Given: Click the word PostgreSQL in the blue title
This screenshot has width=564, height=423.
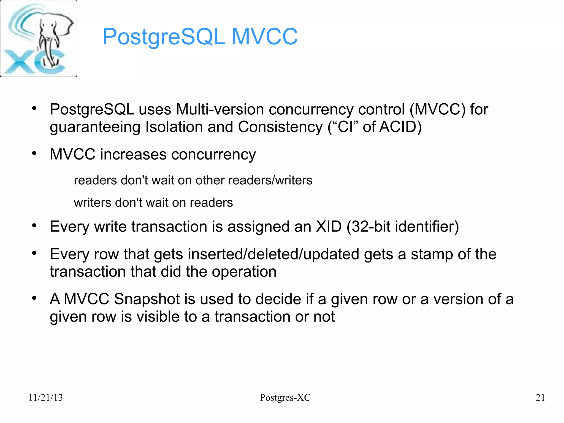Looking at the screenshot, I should point(164,37).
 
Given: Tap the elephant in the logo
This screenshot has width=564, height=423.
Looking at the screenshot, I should point(51,41).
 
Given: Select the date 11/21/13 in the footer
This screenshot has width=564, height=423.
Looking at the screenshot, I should point(46,397).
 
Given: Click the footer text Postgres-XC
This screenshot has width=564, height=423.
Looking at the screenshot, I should point(285,397).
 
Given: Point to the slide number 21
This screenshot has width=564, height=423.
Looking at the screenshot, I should point(540,397).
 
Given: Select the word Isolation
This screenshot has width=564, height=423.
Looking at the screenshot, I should point(174,127).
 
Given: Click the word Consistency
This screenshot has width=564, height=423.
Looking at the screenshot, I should point(280,127).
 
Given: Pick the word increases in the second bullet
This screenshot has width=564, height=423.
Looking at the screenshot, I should point(133,154).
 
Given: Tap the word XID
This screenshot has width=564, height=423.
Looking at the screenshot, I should point(329,227).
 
